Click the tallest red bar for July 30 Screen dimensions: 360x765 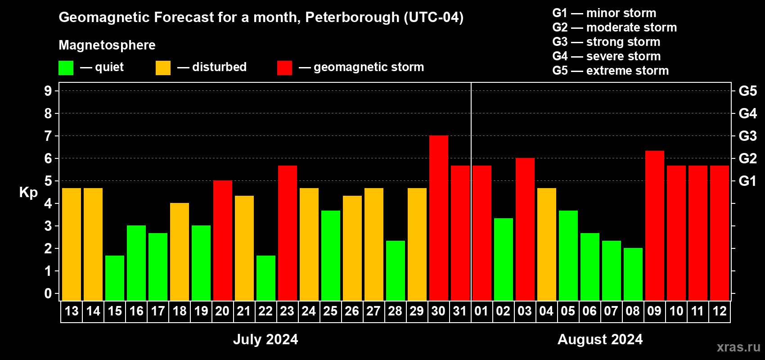click(439, 218)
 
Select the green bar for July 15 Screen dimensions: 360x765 click(115, 278)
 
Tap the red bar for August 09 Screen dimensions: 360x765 click(655, 226)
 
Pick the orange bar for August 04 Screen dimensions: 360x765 click(547, 244)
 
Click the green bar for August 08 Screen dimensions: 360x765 click(633, 274)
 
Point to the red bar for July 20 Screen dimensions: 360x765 click(223, 241)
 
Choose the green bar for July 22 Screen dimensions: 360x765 click(266, 278)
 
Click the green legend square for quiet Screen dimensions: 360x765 click(66, 68)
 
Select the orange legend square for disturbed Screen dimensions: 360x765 click(163, 68)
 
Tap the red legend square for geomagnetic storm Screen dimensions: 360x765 click(284, 68)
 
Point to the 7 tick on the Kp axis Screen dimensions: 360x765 click(48, 136)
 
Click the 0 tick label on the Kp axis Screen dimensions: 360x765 click(48, 294)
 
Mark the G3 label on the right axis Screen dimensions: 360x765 click(747, 136)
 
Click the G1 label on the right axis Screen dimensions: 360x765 click(747, 181)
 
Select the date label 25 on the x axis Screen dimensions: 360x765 click(330, 311)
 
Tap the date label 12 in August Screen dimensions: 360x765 click(719, 311)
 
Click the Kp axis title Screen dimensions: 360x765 click(28, 193)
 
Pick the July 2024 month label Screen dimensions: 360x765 click(265, 339)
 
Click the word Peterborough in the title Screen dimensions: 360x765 click(352, 18)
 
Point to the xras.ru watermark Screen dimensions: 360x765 click(738, 347)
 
